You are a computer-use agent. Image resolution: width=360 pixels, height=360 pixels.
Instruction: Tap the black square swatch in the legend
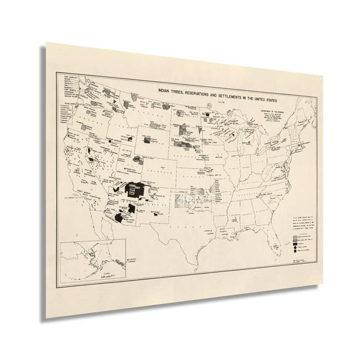[294, 244]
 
